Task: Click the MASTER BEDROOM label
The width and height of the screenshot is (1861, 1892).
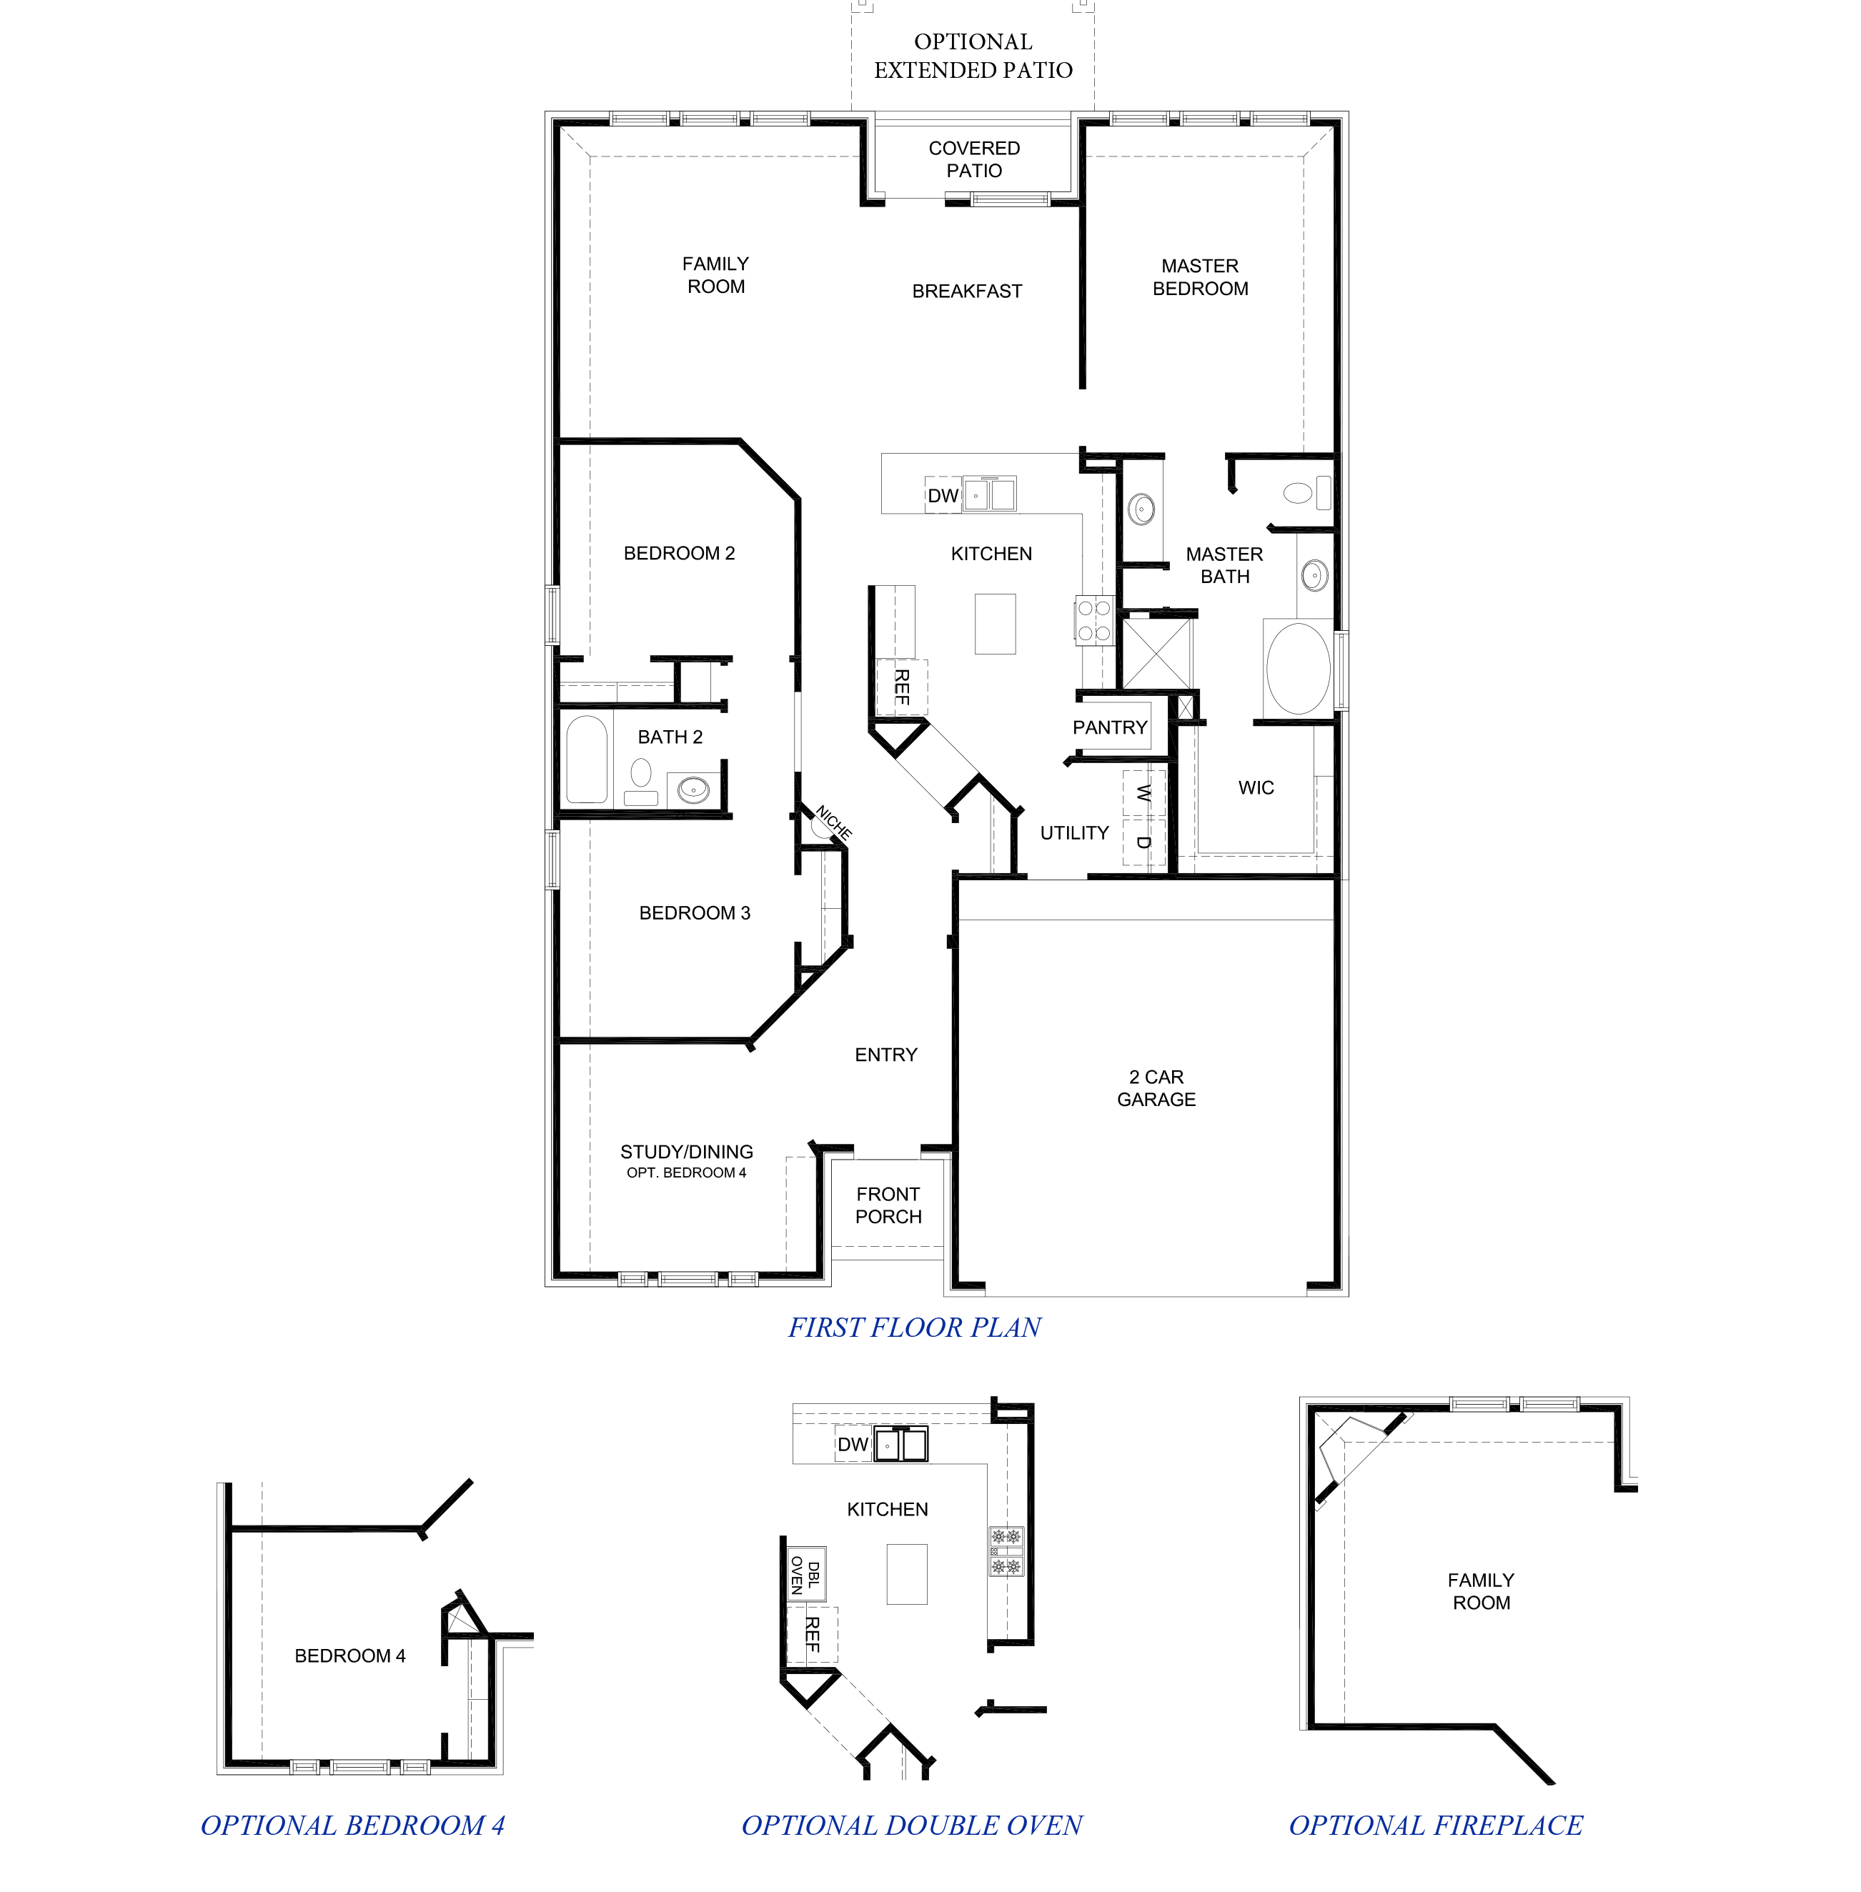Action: point(1199,277)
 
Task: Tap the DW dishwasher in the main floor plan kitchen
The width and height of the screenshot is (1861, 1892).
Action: point(942,495)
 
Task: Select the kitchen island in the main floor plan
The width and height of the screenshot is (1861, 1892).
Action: point(994,624)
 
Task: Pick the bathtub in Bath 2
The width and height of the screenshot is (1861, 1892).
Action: point(587,760)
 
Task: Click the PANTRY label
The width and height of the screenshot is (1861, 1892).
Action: point(1109,727)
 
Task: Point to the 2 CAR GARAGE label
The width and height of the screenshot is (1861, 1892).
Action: point(1156,1087)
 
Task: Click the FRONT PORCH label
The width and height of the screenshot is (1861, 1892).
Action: point(888,1205)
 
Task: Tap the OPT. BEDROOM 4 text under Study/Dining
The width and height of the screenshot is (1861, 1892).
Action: point(686,1172)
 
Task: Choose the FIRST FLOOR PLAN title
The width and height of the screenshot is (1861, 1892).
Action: point(914,1327)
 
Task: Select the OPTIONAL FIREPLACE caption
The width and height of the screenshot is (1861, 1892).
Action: point(1435,1825)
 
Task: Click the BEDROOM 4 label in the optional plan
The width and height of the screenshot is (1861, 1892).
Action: point(350,1655)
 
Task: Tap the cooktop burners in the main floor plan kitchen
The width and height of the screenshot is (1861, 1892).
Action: point(1093,621)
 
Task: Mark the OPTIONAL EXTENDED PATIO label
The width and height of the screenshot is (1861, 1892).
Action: point(973,56)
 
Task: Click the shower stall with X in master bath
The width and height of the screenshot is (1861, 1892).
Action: point(1156,653)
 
